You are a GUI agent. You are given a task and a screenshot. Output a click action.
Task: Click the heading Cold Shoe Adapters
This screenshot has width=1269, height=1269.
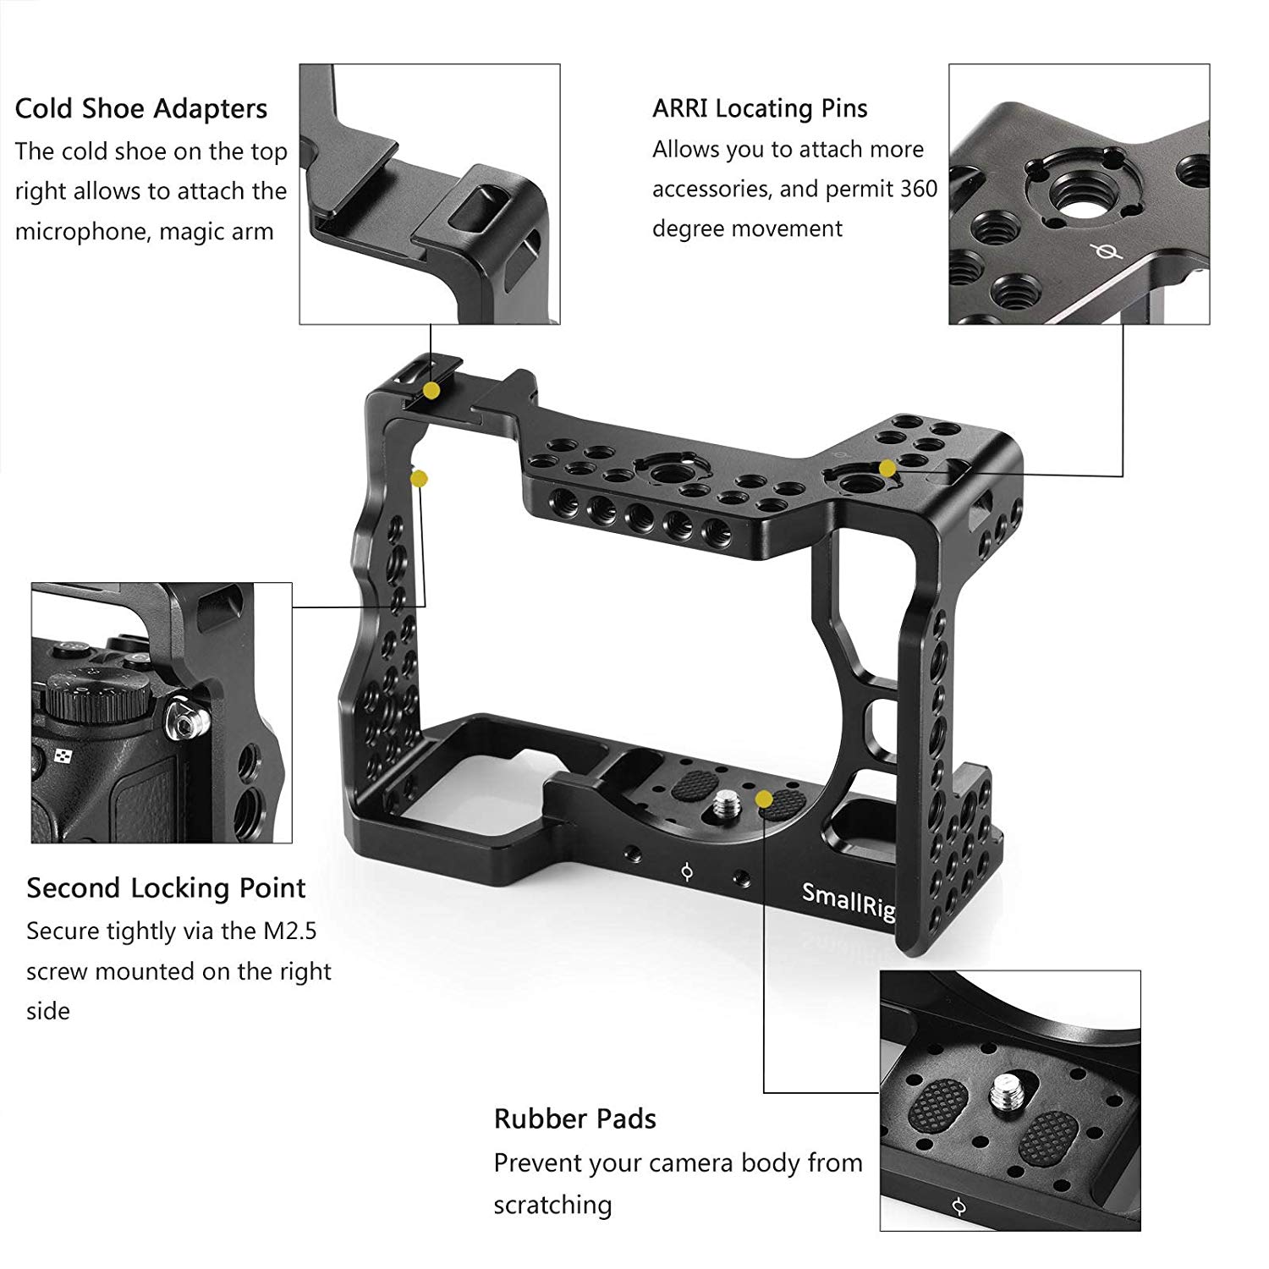coord(141,108)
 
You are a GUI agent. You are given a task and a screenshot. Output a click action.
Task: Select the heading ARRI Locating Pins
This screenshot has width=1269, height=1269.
coord(760,108)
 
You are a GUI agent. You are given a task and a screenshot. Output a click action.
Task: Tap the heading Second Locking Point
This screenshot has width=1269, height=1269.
coord(166,888)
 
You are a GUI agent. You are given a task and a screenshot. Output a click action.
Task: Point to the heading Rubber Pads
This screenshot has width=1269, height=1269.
coord(575,1118)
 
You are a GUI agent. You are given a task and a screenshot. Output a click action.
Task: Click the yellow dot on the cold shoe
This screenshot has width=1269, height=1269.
coord(431,390)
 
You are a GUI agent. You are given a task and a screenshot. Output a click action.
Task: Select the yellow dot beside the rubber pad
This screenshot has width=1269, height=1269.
coord(763,798)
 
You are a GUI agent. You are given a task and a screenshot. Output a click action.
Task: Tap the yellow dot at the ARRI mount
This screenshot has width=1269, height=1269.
coord(887,468)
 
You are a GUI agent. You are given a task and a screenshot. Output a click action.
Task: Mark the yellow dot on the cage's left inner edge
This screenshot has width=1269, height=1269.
coord(419,479)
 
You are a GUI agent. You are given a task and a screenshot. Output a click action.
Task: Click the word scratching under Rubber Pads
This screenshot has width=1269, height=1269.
coord(552,1205)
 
